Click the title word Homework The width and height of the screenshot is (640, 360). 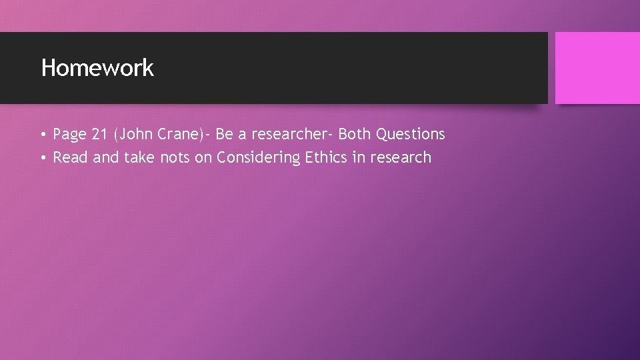(97, 68)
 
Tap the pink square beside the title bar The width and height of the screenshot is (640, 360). (597, 68)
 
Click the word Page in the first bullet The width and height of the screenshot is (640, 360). (70, 135)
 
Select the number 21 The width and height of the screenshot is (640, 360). (100, 135)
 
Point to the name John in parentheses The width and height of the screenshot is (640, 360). (135, 135)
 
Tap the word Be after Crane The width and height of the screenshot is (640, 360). (225, 135)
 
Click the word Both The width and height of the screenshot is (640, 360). (355, 135)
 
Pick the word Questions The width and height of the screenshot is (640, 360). (411, 135)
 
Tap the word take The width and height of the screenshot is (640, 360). (139, 158)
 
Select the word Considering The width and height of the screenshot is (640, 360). (258, 158)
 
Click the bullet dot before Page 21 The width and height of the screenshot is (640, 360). (41, 135)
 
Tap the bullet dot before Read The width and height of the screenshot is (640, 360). (41, 159)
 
